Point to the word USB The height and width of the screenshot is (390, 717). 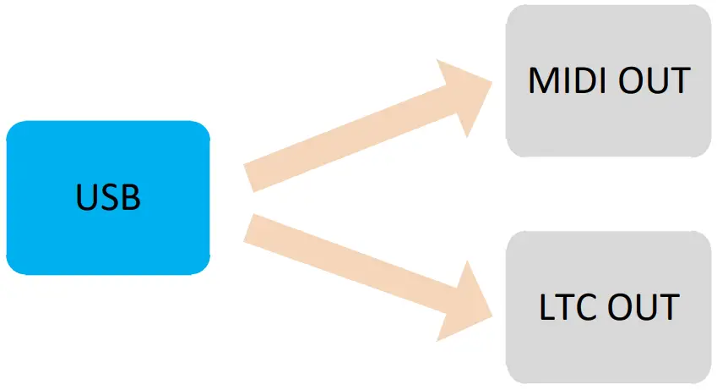[x=108, y=197]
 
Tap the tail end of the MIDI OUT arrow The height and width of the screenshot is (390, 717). [x=250, y=176]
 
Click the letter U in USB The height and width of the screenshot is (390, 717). [x=85, y=197]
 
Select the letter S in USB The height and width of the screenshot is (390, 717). [x=108, y=197]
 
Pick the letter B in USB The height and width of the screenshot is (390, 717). [x=129, y=197]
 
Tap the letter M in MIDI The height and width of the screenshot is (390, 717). [x=542, y=80]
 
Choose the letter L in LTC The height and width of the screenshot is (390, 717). [x=546, y=307]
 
